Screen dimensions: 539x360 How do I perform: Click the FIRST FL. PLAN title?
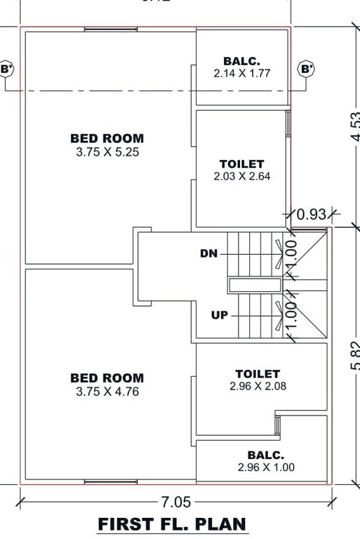(x=172, y=524)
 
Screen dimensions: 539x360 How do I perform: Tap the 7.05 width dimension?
(x=175, y=501)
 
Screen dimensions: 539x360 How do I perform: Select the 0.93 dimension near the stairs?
(x=312, y=214)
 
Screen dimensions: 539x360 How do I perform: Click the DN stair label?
(x=208, y=253)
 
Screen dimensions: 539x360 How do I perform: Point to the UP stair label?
(x=219, y=315)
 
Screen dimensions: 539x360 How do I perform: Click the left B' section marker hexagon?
(x=6, y=69)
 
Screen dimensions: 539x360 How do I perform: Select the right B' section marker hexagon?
(x=307, y=69)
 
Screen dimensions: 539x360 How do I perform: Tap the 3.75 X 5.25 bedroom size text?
(x=107, y=152)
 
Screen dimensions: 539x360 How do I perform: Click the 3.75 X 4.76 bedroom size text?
(x=107, y=392)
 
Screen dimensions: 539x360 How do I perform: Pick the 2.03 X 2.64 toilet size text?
(x=242, y=177)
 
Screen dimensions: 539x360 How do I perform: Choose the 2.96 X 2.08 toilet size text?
(x=258, y=386)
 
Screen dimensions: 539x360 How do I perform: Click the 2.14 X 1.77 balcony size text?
(x=242, y=72)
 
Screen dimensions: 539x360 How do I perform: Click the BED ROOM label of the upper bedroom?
(x=107, y=139)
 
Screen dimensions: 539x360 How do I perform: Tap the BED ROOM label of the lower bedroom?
(x=107, y=378)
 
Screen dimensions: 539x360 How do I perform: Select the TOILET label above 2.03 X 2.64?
(x=242, y=164)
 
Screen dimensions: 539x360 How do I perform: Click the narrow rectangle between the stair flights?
(x=253, y=284)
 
